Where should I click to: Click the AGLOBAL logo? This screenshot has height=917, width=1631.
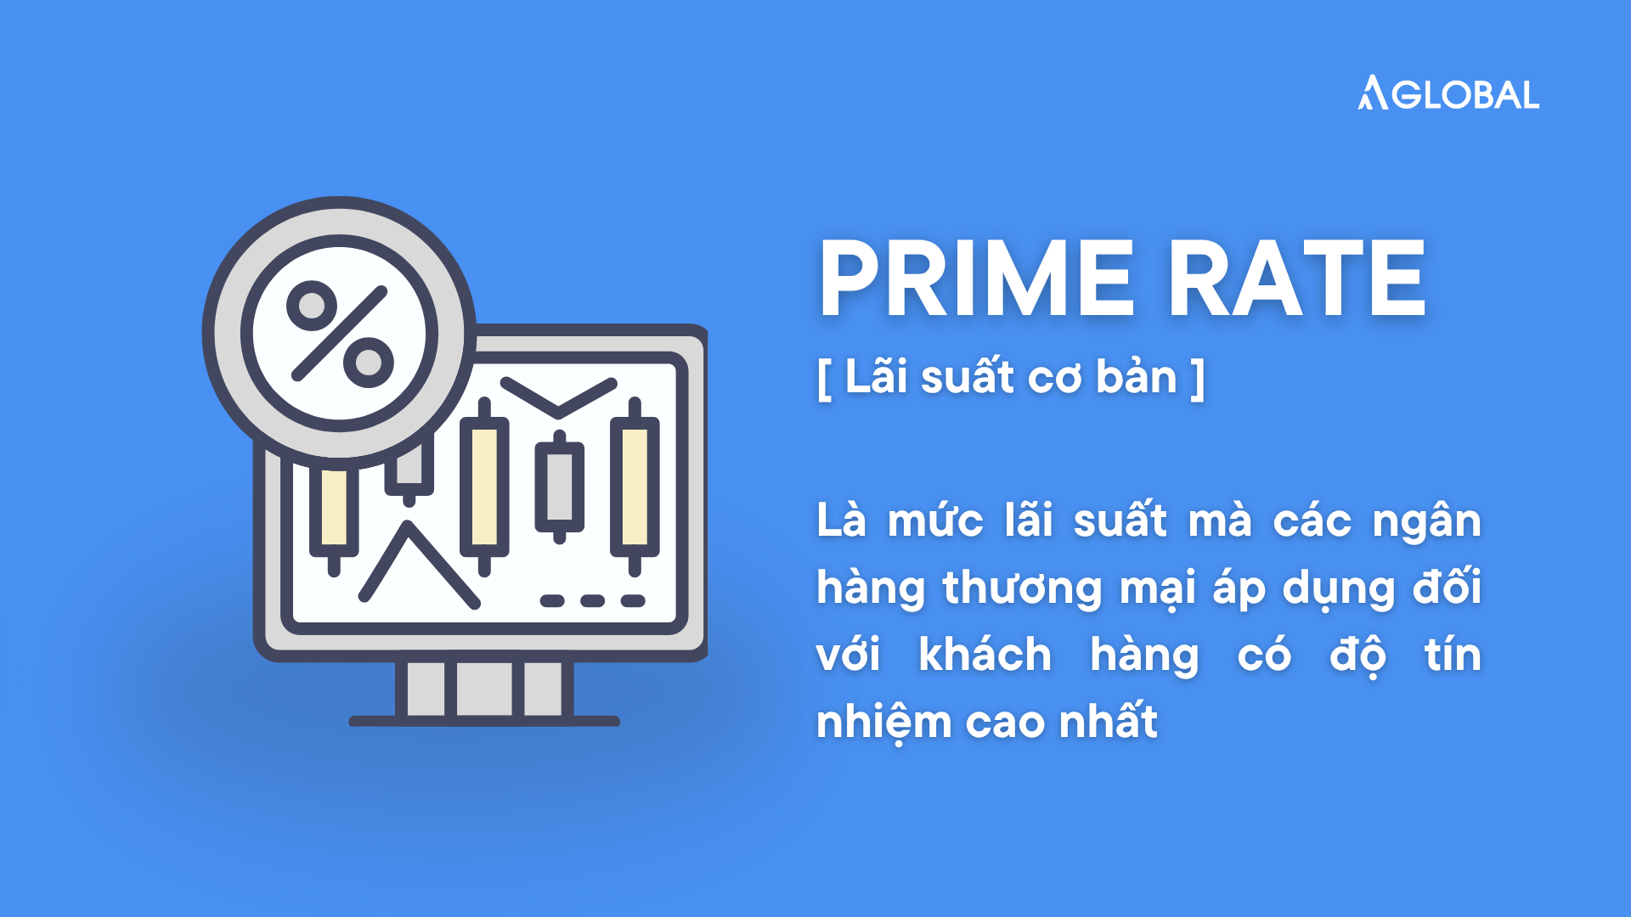(x=1448, y=93)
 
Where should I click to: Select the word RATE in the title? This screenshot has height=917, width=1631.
(x=1297, y=278)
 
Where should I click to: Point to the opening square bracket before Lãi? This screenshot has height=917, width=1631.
(x=824, y=379)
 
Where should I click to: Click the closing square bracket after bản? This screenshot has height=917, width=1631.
(x=1198, y=379)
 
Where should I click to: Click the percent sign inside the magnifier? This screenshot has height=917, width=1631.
(x=340, y=334)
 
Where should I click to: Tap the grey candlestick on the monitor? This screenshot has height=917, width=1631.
(x=559, y=487)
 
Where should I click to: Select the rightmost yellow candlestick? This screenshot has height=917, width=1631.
(x=635, y=486)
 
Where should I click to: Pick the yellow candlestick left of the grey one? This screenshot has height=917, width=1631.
(x=484, y=487)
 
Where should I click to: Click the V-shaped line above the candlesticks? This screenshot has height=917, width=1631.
(x=558, y=397)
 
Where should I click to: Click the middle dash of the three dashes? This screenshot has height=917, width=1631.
(x=592, y=601)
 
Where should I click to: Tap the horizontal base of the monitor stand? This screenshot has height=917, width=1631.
(x=484, y=721)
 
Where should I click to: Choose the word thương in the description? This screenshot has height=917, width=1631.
(x=1022, y=588)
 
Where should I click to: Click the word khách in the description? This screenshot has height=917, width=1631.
(x=985, y=655)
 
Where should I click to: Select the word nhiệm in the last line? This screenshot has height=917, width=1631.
(x=883, y=723)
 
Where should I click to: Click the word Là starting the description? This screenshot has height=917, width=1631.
(x=841, y=519)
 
